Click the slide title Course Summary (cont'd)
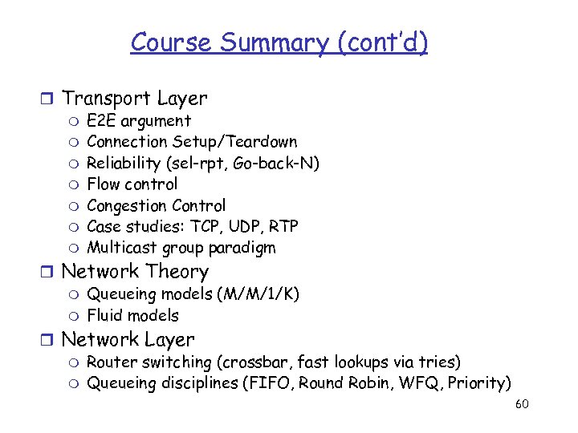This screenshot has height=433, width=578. pyautogui.click(x=279, y=42)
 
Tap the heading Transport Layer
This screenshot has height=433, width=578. pyautogui.click(x=134, y=99)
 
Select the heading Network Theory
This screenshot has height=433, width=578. pyautogui.click(x=135, y=272)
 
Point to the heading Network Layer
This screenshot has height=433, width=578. pyautogui.click(x=128, y=340)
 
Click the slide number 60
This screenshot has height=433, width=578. pyautogui.click(x=521, y=403)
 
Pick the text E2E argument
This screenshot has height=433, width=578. pyautogui.click(x=139, y=121)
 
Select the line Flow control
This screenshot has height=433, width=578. pyautogui.click(x=132, y=184)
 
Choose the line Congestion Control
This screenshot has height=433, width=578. pyautogui.click(x=157, y=205)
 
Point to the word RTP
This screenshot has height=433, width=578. pyautogui.click(x=282, y=226)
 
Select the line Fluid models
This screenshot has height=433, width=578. pyautogui.click(x=132, y=315)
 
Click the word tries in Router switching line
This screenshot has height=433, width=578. pyautogui.click(x=438, y=362)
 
